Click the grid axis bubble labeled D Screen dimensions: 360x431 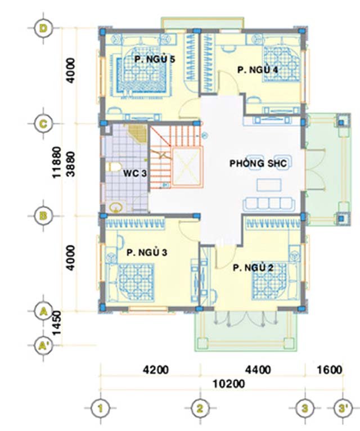43,28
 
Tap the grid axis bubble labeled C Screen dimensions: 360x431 43,124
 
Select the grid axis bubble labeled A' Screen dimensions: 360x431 43,345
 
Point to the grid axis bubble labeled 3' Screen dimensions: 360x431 343,408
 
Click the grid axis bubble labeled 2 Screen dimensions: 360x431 200,408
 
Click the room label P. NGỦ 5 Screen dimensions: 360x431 155,59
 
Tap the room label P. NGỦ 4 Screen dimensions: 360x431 258,70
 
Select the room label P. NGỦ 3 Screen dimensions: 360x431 147,252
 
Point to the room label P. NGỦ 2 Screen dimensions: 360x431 253,267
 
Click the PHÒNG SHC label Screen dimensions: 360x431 258,163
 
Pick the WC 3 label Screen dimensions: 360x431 134,173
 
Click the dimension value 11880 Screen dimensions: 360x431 57,162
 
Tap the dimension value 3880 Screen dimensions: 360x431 71,164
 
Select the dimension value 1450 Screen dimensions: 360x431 57,323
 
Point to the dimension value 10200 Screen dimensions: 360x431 229,384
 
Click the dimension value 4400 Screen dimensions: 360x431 258,370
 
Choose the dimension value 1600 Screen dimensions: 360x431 330,370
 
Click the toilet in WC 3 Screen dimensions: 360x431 114,167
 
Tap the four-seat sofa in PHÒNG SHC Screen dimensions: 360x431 269,204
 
